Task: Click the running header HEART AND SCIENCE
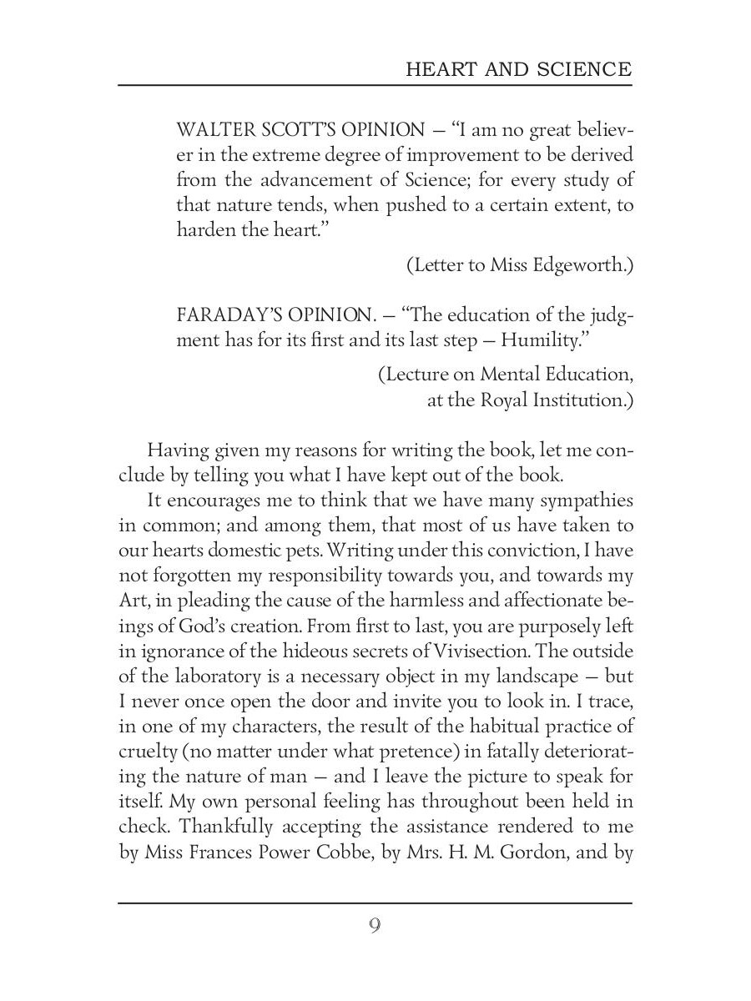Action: (518, 69)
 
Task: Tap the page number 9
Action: (375, 926)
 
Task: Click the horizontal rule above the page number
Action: (375, 903)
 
